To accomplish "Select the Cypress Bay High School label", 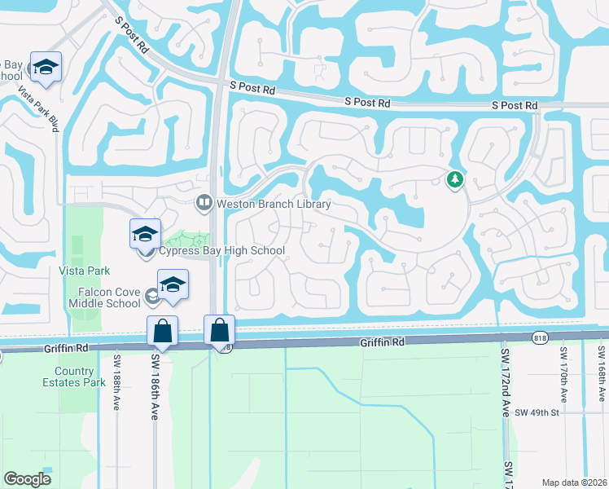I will coord(221,251).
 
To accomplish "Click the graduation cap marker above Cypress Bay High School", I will coord(145,235).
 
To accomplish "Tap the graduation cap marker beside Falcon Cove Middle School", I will coord(173,285).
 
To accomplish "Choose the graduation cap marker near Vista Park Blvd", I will coord(46,68).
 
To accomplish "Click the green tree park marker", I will coord(455,179).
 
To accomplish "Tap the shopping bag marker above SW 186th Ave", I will coord(162,331).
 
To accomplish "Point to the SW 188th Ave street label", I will coord(117,383).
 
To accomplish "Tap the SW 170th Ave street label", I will coord(563,375).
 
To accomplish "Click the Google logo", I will coord(28,479).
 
